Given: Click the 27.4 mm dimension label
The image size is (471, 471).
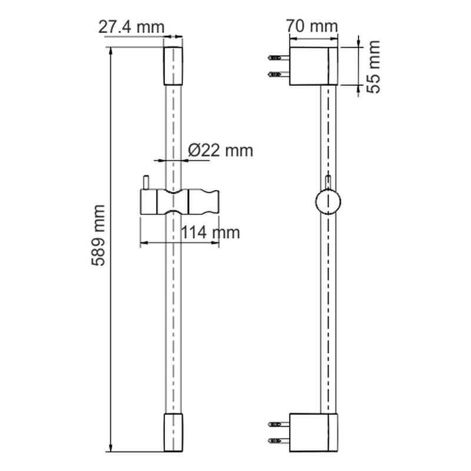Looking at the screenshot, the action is (131, 27).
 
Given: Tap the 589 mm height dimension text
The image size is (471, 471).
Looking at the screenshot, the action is (98, 235).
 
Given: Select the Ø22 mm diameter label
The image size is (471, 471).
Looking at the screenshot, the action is (220, 150).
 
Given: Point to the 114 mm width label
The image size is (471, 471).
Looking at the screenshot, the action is (210, 232).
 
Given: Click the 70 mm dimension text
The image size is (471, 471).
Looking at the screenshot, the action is (312, 26).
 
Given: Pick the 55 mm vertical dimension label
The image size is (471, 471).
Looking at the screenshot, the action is (373, 67).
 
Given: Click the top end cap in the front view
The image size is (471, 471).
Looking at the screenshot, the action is (173, 66).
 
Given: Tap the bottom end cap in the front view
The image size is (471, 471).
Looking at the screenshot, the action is (173, 432).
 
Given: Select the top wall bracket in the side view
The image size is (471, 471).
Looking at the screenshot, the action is (313, 66).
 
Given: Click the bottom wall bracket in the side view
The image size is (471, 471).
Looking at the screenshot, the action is (313, 433).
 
